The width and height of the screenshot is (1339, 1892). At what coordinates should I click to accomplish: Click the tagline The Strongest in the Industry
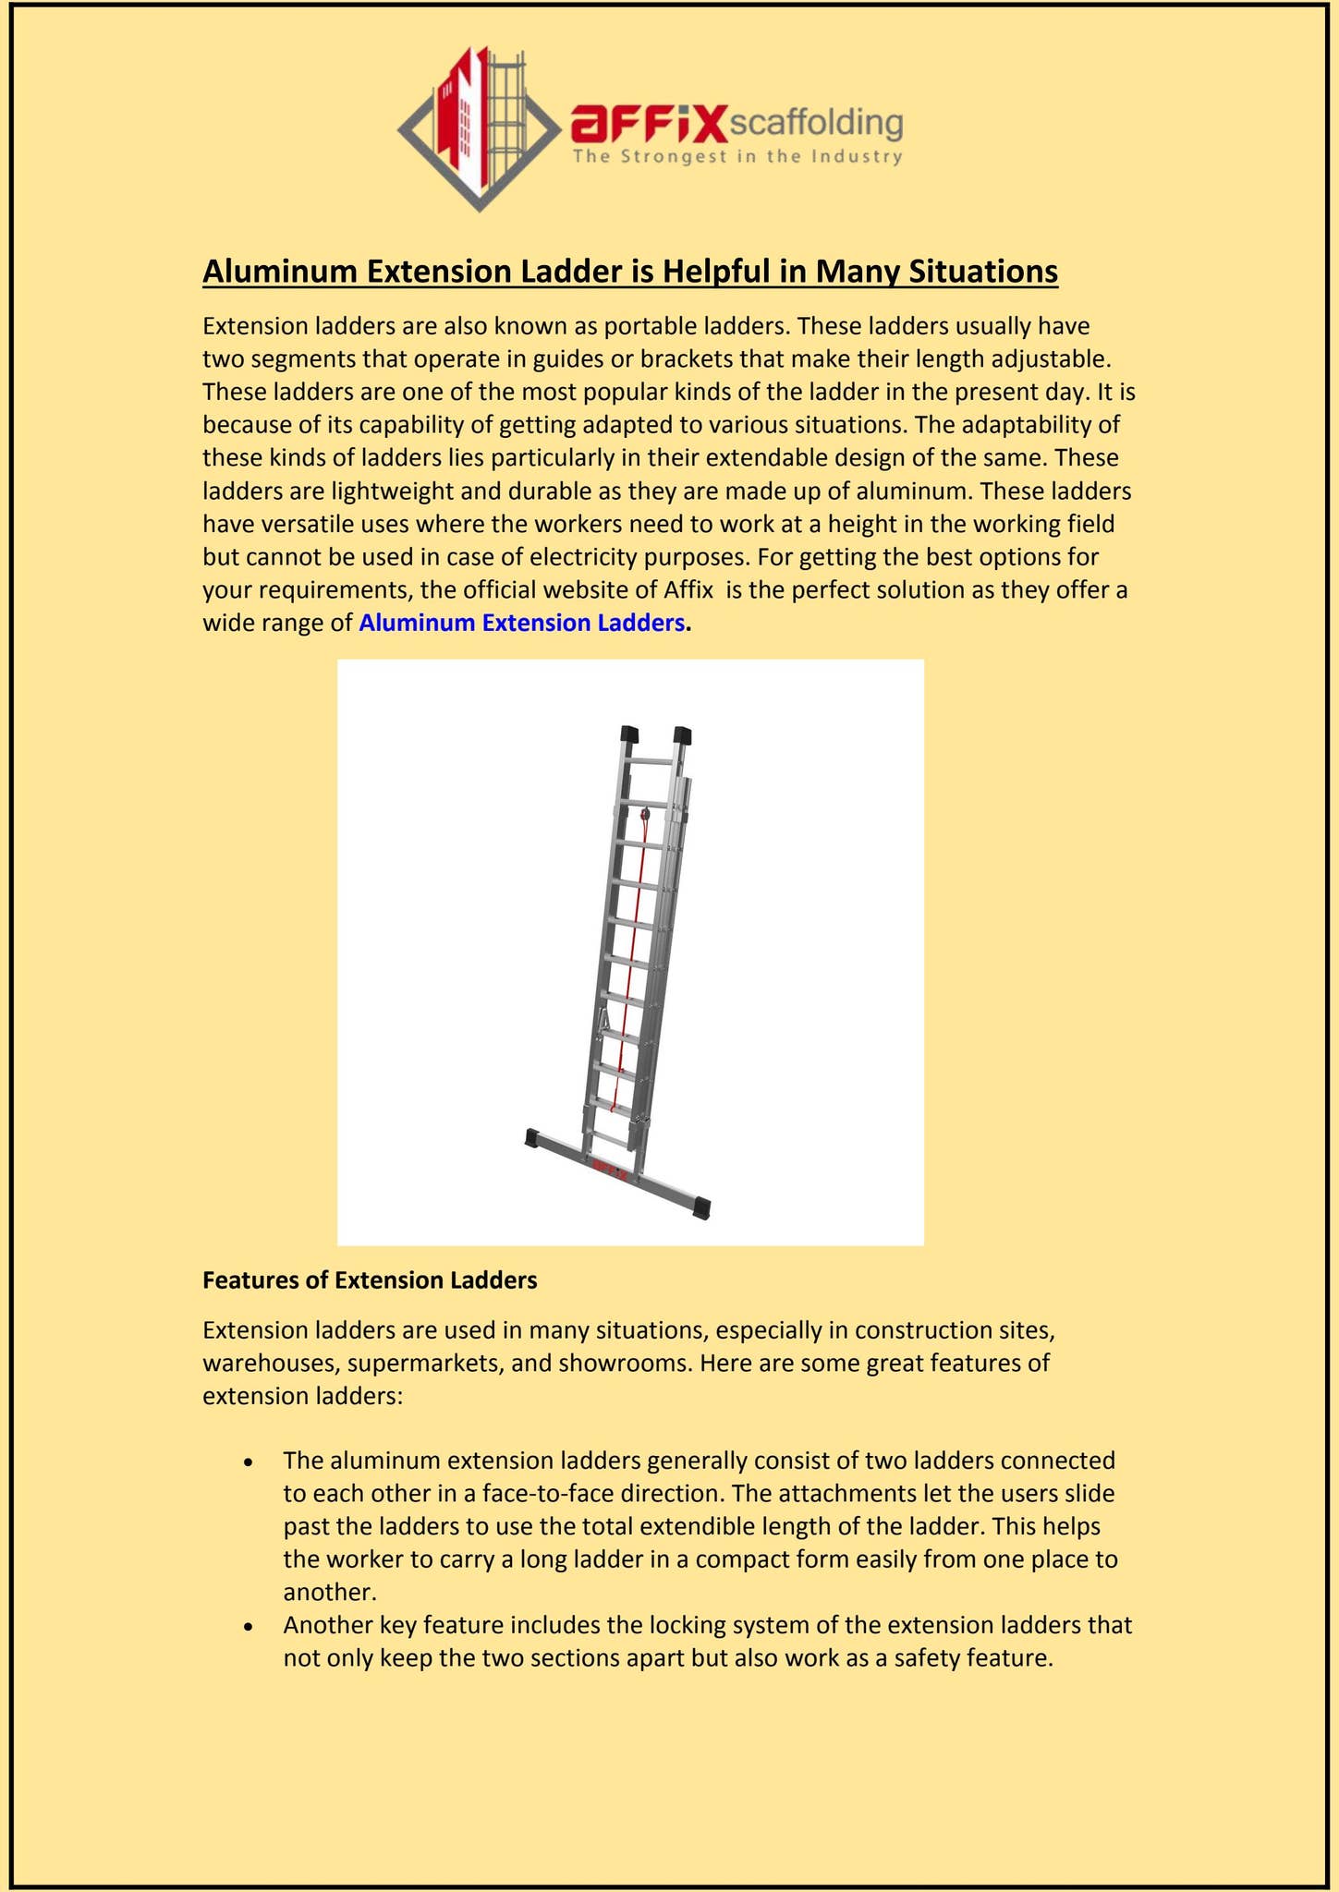[x=736, y=156]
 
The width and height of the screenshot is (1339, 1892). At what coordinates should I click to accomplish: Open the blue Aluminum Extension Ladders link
[x=522, y=623]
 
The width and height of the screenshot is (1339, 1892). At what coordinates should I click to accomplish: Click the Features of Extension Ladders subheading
[x=370, y=1280]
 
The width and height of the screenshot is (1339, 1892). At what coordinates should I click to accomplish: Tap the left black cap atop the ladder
[x=628, y=734]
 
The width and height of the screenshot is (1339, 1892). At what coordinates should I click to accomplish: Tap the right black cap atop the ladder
[x=683, y=735]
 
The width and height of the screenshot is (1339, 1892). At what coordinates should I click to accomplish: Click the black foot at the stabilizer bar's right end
[x=701, y=1207]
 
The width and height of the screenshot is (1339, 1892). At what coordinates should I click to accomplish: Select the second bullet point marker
[x=248, y=1627]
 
